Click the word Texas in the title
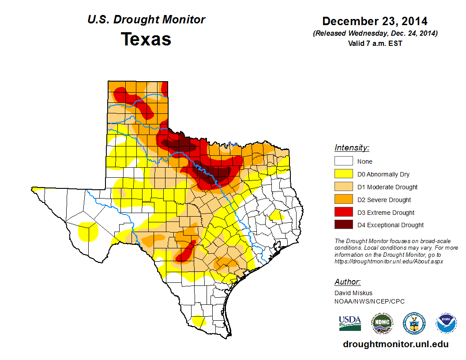click(x=146, y=39)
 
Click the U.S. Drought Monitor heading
click(x=146, y=20)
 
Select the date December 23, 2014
click(x=375, y=21)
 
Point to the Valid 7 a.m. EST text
click(x=375, y=43)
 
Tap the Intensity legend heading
click(x=352, y=148)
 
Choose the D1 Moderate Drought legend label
click(x=387, y=187)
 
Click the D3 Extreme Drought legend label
click(x=386, y=213)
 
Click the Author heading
click(x=347, y=282)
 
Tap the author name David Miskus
click(x=353, y=293)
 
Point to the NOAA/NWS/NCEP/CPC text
click(x=369, y=301)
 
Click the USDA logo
click(x=350, y=323)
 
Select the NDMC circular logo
click(x=382, y=323)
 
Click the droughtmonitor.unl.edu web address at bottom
click(x=395, y=344)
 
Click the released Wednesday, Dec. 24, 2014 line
click(x=375, y=34)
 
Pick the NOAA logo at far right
click(x=447, y=323)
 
